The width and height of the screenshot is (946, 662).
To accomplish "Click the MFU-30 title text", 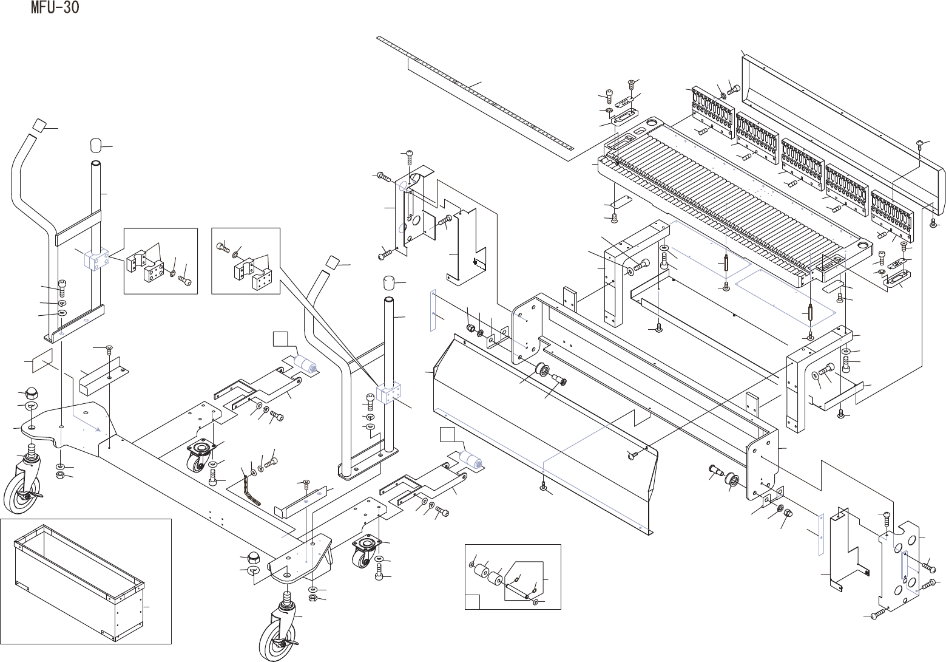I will pyautogui.click(x=55, y=9).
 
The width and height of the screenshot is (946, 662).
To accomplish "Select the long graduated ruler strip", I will pyautogui.click(x=473, y=91).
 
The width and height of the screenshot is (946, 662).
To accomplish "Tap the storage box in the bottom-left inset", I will pyautogui.click(x=79, y=583).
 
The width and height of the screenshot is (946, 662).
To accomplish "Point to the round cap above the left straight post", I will pyautogui.click(x=96, y=146).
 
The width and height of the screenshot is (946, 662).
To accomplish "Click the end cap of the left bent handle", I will pyautogui.click(x=40, y=125).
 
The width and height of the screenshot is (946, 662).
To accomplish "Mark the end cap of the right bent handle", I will pyautogui.click(x=333, y=262).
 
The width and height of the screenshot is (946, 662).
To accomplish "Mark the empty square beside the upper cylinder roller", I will pyautogui.click(x=280, y=339).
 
